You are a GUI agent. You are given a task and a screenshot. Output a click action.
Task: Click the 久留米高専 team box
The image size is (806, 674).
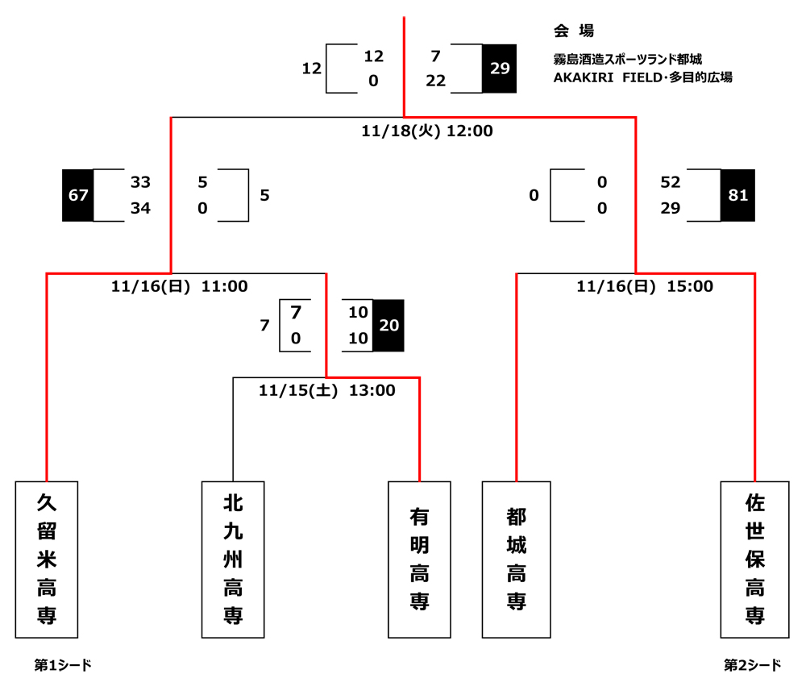pyautogui.click(x=47, y=560)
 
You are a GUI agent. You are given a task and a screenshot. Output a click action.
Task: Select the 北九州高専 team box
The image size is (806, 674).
pyautogui.click(x=233, y=560)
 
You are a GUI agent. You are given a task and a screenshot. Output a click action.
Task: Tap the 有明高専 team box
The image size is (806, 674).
pyautogui.click(x=419, y=560)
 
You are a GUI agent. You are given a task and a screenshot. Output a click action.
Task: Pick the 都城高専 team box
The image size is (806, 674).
pyautogui.click(x=516, y=560)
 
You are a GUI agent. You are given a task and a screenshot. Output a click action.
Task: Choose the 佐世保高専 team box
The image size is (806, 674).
pyautogui.click(x=754, y=560)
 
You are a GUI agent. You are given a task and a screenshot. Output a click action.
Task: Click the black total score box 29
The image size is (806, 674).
pyautogui.click(x=500, y=69)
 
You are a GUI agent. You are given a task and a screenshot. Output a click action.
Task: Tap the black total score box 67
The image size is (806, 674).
pyautogui.click(x=78, y=195)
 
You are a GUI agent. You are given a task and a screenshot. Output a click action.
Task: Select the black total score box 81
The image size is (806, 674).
pyautogui.click(x=737, y=195)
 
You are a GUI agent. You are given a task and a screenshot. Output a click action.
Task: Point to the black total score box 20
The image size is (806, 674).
pyautogui.click(x=388, y=325)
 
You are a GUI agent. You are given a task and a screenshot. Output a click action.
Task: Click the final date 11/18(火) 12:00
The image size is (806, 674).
pyautogui.click(x=427, y=131)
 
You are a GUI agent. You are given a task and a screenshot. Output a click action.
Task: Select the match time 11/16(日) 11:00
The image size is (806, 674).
pyautogui.click(x=180, y=286)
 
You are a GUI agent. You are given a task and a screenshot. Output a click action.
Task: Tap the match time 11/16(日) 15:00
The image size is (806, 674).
pyautogui.click(x=645, y=286)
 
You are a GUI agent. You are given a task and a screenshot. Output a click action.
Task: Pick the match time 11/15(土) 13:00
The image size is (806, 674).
pyautogui.click(x=327, y=391)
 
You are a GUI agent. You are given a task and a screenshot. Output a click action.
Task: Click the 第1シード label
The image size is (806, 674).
pyautogui.click(x=63, y=665)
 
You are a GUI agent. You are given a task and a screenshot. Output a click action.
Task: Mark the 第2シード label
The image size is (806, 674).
pyautogui.click(x=753, y=665)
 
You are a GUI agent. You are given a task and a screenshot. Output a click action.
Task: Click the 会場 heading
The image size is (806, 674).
pyautogui.click(x=574, y=31)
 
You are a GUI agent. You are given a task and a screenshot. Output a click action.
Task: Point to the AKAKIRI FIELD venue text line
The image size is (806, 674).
pyautogui.click(x=642, y=78)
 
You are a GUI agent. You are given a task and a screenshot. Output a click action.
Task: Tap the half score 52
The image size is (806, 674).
pyautogui.click(x=671, y=183)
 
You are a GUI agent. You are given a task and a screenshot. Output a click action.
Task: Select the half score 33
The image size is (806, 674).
pyautogui.click(x=140, y=183)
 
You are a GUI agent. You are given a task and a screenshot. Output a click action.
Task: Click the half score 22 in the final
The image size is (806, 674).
pyautogui.click(x=435, y=81)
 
